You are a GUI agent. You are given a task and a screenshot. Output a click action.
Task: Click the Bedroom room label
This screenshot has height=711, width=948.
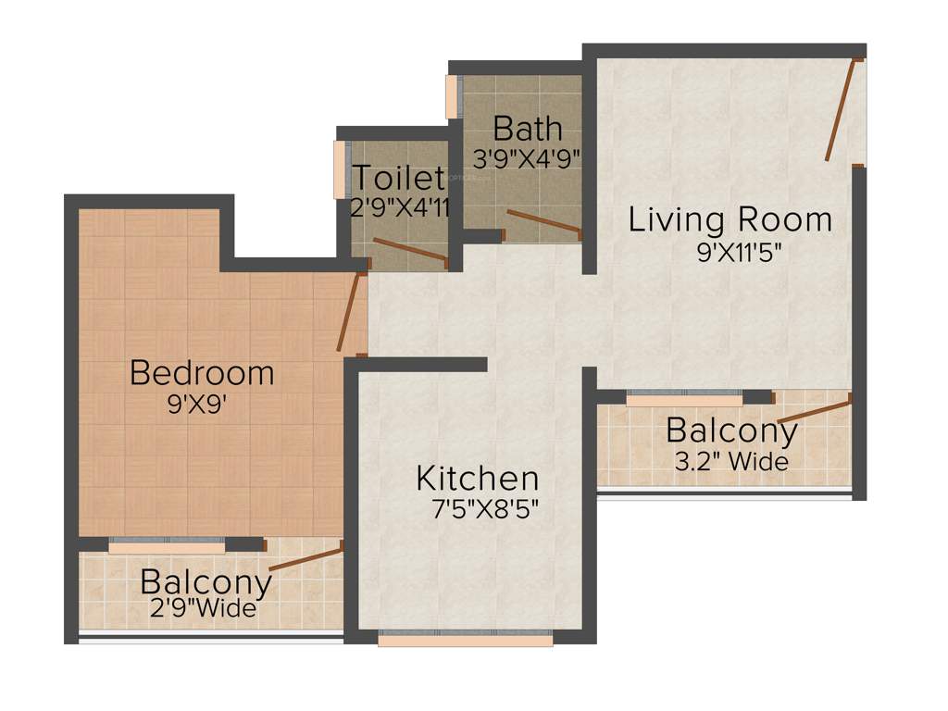click(x=202, y=372)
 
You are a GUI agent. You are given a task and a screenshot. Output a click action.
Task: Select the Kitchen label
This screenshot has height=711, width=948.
click(x=477, y=479)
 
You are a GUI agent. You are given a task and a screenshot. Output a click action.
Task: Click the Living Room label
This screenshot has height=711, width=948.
click(x=730, y=220)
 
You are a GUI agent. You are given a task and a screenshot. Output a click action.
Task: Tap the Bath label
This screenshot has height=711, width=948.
click(x=527, y=127)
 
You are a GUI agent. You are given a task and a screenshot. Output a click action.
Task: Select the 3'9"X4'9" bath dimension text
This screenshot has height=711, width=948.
click(x=526, y=157)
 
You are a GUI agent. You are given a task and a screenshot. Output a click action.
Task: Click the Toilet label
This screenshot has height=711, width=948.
click(x=399, y=177)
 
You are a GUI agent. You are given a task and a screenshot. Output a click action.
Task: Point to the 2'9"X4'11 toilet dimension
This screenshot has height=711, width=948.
click(x=400, y=207)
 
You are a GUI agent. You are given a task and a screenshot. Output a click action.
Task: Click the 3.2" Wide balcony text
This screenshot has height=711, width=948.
click(x=731, y=461)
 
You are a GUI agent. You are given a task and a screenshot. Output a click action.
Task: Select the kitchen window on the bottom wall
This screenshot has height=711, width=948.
click(x=465, y=639)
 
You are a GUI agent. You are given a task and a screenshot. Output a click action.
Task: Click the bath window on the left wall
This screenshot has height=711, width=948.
click(x=452, y=96)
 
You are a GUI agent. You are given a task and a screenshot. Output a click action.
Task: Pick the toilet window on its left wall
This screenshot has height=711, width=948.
click(x=339, y=169)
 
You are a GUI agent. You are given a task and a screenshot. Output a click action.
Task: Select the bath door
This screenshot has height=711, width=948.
click(x=543, y=223)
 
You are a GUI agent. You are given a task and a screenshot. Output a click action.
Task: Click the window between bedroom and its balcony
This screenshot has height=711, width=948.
click(x=167, y=546)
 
